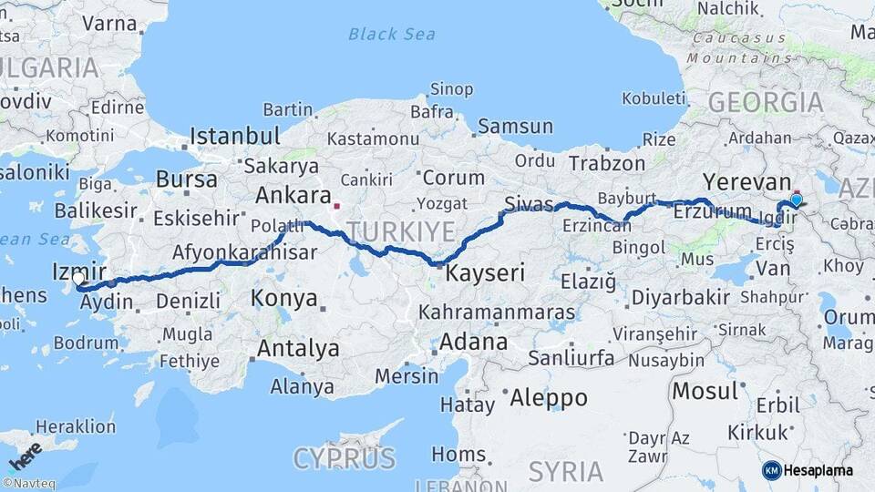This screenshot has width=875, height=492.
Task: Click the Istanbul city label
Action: [x=234, y=138]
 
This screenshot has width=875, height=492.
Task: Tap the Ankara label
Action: [x=293, y=195]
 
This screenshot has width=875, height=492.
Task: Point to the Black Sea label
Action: [x=392, y=35]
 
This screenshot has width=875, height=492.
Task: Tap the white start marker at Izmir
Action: [x=79, y=280]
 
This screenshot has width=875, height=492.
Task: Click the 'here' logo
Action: [x=26, y=455]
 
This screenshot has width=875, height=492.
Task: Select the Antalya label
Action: [x=298, y=348]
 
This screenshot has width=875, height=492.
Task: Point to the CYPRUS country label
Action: [x=344, y=457]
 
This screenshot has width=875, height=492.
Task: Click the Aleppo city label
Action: [x=548, y=398]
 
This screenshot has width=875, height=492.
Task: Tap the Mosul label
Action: [x=705, y=391]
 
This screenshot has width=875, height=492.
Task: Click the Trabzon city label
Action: [x=606, y=163]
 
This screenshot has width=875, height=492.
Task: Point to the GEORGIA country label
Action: [x=766, y=102]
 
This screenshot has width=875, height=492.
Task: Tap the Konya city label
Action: [x=284, y=298]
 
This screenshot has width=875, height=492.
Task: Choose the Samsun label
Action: [x=515, y=126]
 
